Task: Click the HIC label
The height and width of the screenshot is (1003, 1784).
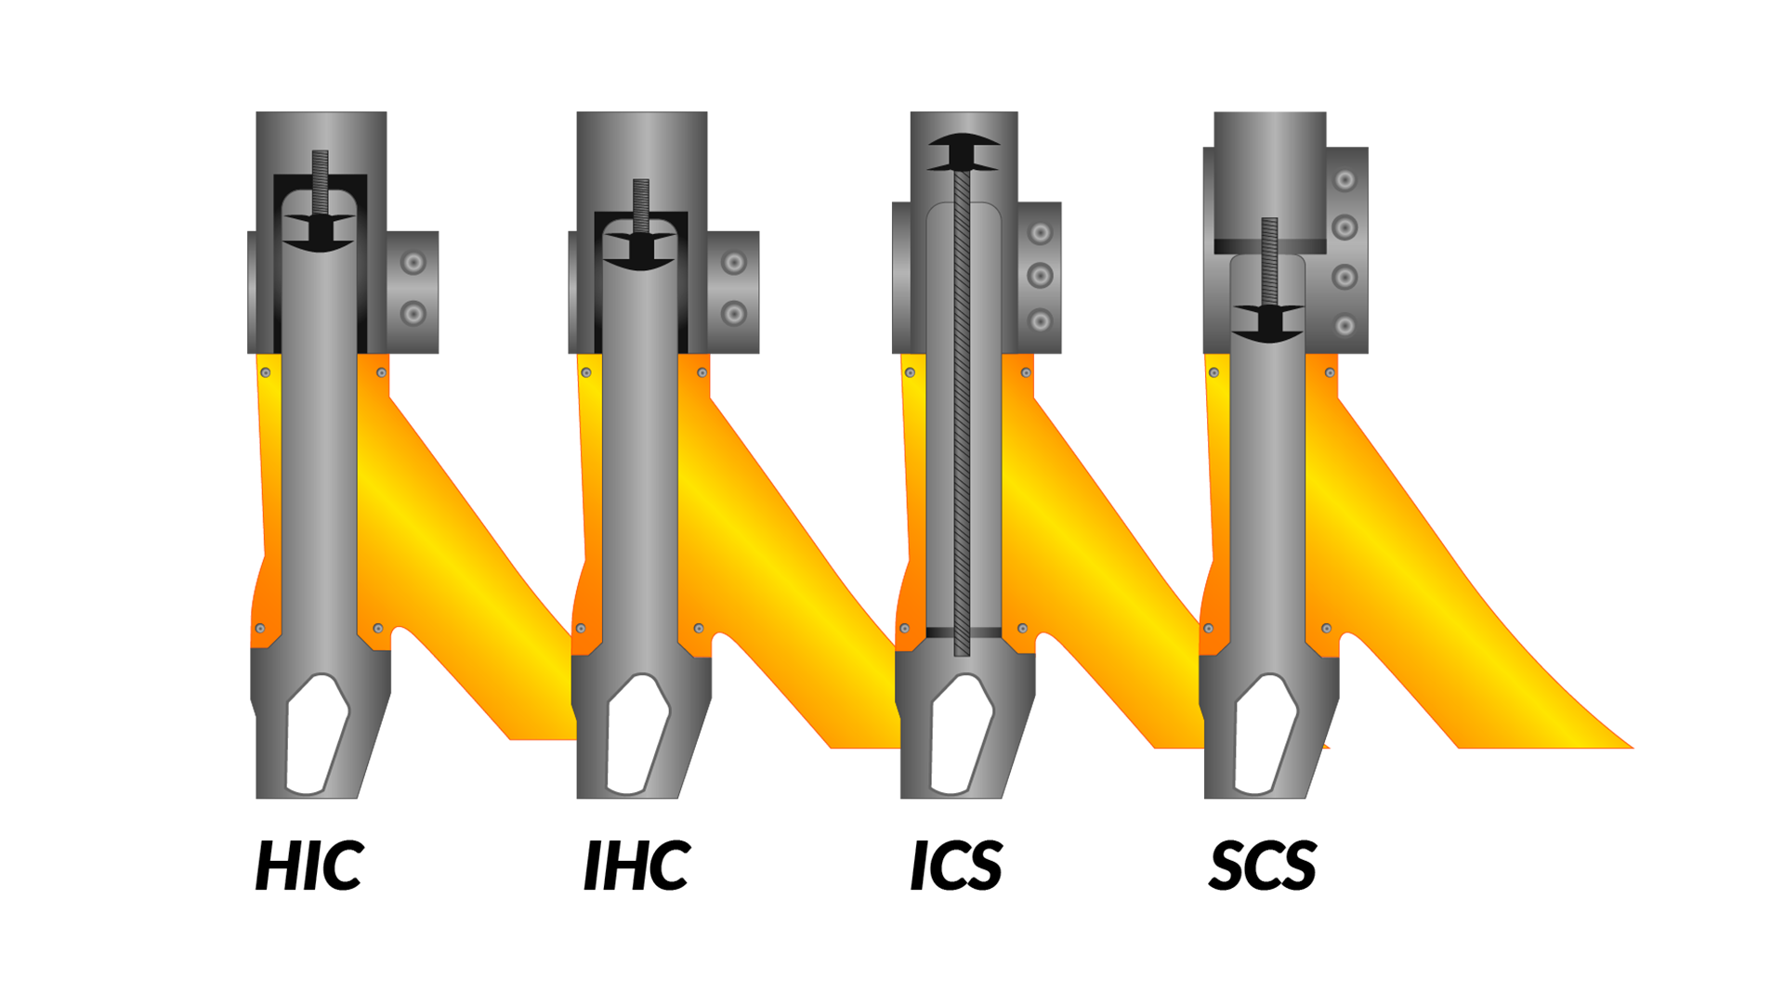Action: [309, 866]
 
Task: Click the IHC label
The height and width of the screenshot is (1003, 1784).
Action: [636, 866]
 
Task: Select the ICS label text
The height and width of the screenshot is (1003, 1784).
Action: [956, 866]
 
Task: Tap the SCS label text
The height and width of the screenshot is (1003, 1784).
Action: [1263, 866]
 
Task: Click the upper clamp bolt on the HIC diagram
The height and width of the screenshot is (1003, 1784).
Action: [413, 263]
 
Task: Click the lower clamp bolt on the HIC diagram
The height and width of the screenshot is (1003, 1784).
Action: [413, 314]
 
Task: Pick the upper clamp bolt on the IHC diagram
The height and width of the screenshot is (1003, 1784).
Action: [734, 263]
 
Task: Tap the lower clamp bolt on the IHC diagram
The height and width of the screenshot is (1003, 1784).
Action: [734, 314]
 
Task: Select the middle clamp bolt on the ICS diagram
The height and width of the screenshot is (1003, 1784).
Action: [1041, 276]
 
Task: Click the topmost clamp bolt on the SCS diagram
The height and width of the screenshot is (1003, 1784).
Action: [1345, 180]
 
